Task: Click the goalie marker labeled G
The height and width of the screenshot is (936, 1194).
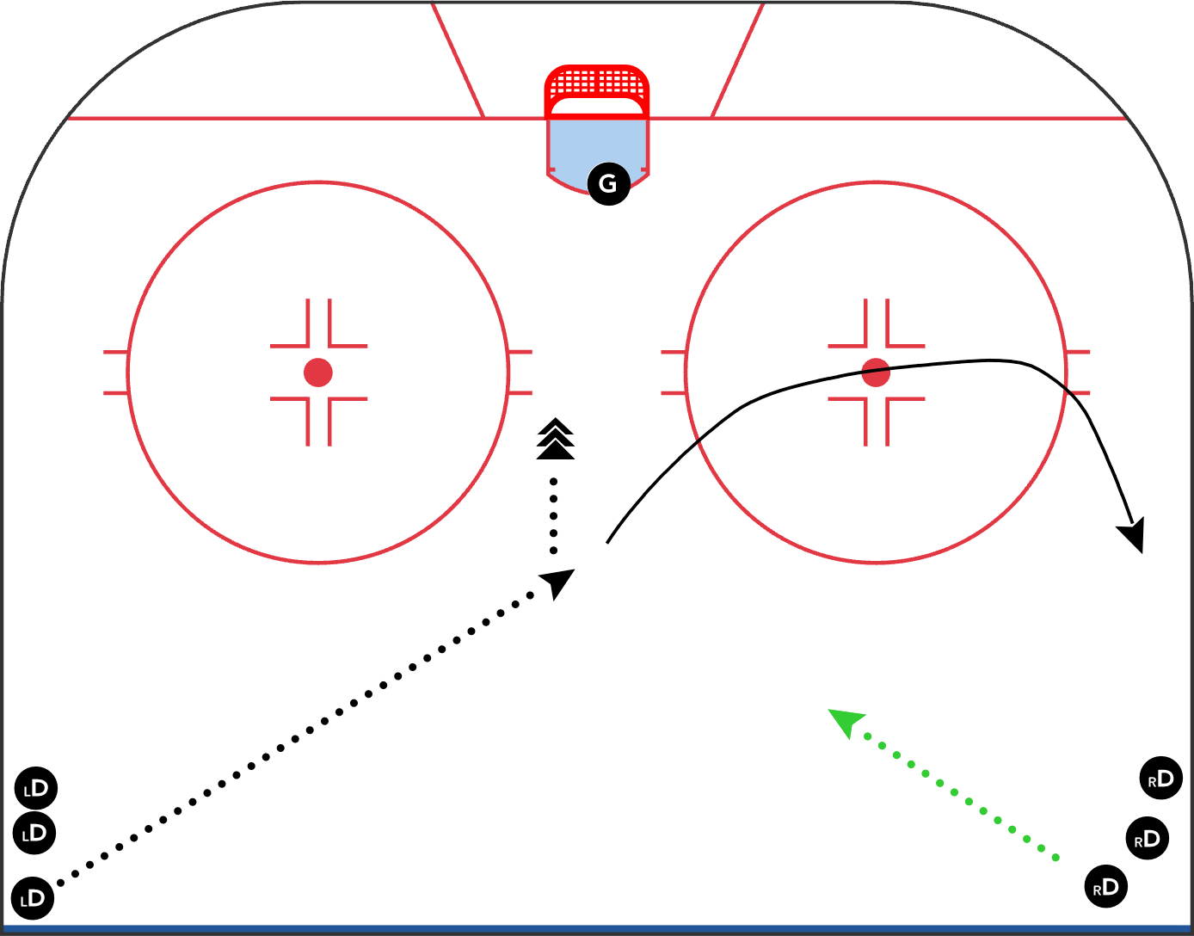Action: (608, 184)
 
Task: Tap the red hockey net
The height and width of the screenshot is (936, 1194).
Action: (597, 91)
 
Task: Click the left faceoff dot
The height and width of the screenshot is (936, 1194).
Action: (318, 373)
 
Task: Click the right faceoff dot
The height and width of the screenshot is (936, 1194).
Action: (876, 373)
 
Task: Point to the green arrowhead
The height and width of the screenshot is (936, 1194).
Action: (846, 722)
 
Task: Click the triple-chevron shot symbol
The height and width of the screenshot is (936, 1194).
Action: (556, 439)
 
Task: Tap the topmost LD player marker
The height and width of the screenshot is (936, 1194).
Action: (36, 788)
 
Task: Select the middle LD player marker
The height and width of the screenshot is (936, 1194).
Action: (34, 833)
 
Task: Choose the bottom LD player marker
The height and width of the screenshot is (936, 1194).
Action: (33, 898)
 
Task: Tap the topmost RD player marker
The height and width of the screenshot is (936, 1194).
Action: (1161, 778)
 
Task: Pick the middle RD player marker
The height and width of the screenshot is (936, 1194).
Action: (1148, 838)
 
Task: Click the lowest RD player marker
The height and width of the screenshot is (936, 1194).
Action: (1106, 887)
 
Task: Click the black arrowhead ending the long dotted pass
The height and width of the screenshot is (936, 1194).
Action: (558, 582)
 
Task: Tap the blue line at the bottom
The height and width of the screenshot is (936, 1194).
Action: (597, 929)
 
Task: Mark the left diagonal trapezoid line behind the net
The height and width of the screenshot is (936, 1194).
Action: (459, 60)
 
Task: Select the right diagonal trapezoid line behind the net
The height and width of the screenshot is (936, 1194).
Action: (737, 60)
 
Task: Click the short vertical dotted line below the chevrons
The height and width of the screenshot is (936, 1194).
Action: (554, 516)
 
